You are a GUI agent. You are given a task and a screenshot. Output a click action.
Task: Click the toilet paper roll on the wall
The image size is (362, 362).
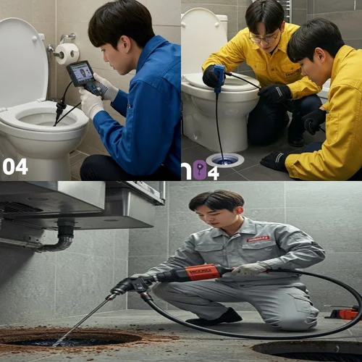tap(67, 53)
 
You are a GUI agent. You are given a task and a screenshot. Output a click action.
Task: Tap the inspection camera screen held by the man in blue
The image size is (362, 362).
tap(80, 73)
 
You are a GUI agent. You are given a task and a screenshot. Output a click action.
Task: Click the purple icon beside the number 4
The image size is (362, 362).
tap(198, 171)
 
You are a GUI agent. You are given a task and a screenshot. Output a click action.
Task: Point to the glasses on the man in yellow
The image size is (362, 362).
tap(264, 38)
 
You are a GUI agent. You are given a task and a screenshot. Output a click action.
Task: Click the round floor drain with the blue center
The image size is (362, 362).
tap(224, 159)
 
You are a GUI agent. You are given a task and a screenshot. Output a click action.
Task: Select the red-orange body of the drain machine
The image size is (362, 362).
tap(201, 274)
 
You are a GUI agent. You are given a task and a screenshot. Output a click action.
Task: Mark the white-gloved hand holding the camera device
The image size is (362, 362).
tap(92, 104)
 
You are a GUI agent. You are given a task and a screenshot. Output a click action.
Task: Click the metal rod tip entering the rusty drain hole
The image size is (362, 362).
tap(56, 340)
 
